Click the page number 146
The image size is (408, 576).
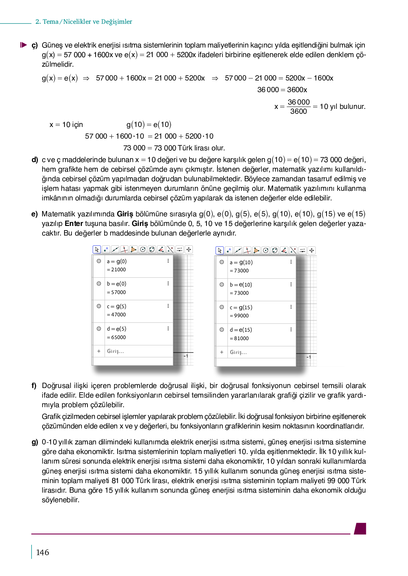[42, 552]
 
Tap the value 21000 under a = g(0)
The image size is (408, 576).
[118, 270]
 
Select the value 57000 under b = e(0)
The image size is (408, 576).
[118, 292]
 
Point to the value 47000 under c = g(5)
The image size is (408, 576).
[118, 315]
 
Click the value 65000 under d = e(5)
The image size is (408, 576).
[118, 337]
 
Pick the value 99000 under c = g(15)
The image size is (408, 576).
[241, 316]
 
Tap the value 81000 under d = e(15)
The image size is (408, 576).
[241, 338]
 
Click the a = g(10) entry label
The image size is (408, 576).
[241, 262]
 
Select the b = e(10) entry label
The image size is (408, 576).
[241, 285]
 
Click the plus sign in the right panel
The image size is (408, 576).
[222, 352]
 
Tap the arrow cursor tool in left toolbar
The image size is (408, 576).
[97, 250]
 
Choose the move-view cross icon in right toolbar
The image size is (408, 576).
[312, 250]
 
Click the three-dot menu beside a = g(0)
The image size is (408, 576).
[168, 261]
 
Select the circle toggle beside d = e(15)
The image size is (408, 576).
[222, 329]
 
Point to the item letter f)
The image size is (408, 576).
[34, 386]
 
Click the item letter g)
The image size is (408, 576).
[34, 442]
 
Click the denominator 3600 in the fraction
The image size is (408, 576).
[298, 111]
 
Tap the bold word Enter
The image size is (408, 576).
[74, 223]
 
